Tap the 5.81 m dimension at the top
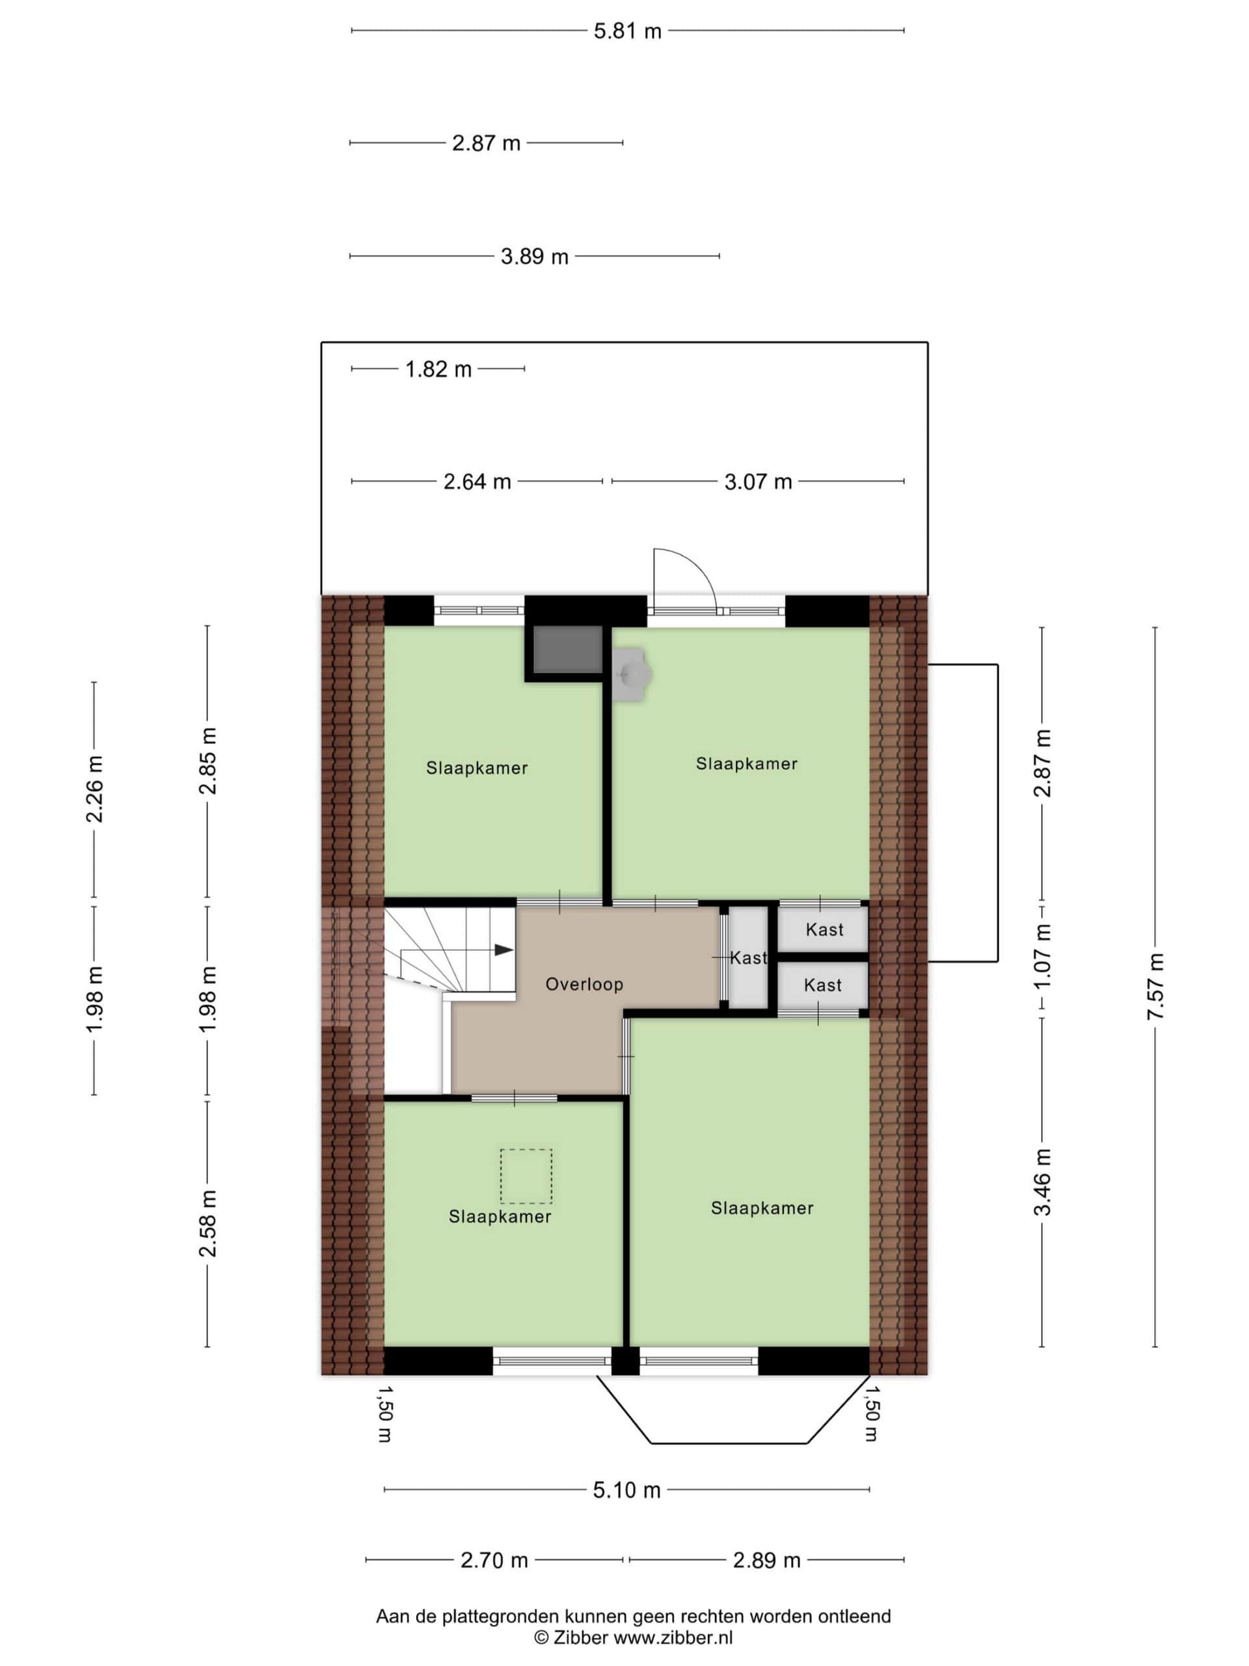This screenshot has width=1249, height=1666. pyautogui.click(x=627, y=31)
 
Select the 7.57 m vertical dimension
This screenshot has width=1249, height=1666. pyautogui.click(x=1155, y=987)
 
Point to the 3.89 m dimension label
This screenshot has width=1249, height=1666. pyautogui.click(x=535, y=257)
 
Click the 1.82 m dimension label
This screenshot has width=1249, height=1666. pyautogui.click(x=438, y=369)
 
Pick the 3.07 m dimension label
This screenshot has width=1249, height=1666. pyautogui.click(x=758, y=482)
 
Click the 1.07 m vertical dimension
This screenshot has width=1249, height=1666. pyautogui.click(x=1042, y=959)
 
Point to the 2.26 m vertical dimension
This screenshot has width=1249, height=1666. pyautogui.click(x=94, y=789)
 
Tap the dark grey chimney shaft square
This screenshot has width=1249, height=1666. pyautogui.click(x=569, y=649)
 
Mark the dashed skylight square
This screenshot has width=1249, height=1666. pyautogui.click(x=526, y=1177)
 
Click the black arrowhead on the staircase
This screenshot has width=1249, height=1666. pyautogui.click(x=504, y=951)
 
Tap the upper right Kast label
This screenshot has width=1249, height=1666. pyautogui.click(x=824, y=929)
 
